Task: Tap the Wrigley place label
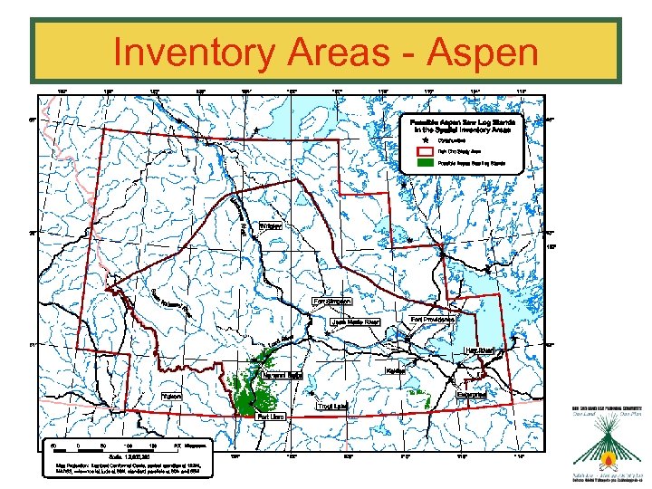coord(270,225)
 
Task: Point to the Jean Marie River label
coord(355,321)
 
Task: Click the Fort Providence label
coord(432,319)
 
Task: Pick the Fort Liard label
coord(272,417)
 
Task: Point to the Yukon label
coord(172,396)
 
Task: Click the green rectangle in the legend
coord(424,165)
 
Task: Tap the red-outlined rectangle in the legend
coord(424,152)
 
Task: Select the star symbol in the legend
coord(424,139)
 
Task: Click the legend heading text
coord(463,125)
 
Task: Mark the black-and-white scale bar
coord(113,446)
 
